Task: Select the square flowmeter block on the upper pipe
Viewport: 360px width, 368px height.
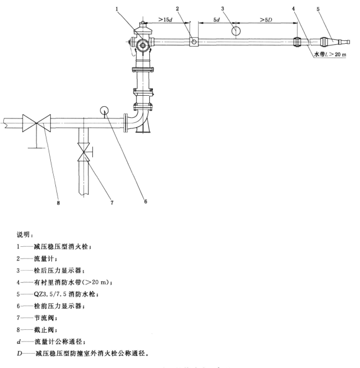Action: coord(194,42)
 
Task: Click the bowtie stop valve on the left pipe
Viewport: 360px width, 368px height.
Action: coord(36,122)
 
